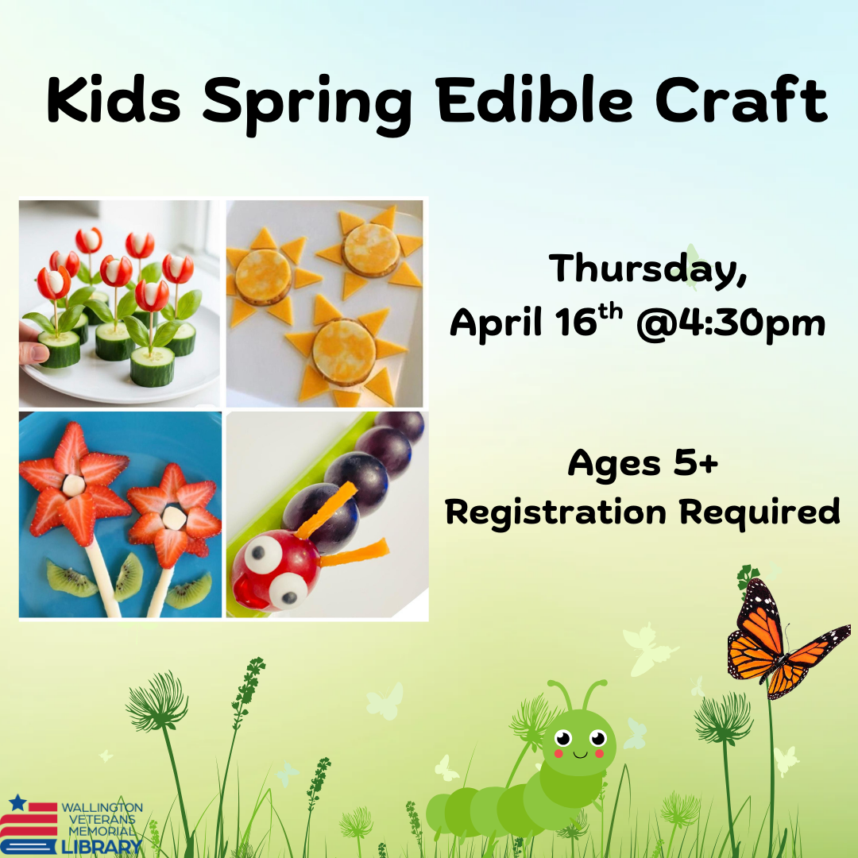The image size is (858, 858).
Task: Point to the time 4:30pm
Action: click(x=730, y=323)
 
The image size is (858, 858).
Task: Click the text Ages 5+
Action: click(x=643, y=463)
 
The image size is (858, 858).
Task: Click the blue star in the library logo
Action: click(x=17, y=803)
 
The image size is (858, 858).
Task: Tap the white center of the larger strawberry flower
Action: click(x=74, y=485)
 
